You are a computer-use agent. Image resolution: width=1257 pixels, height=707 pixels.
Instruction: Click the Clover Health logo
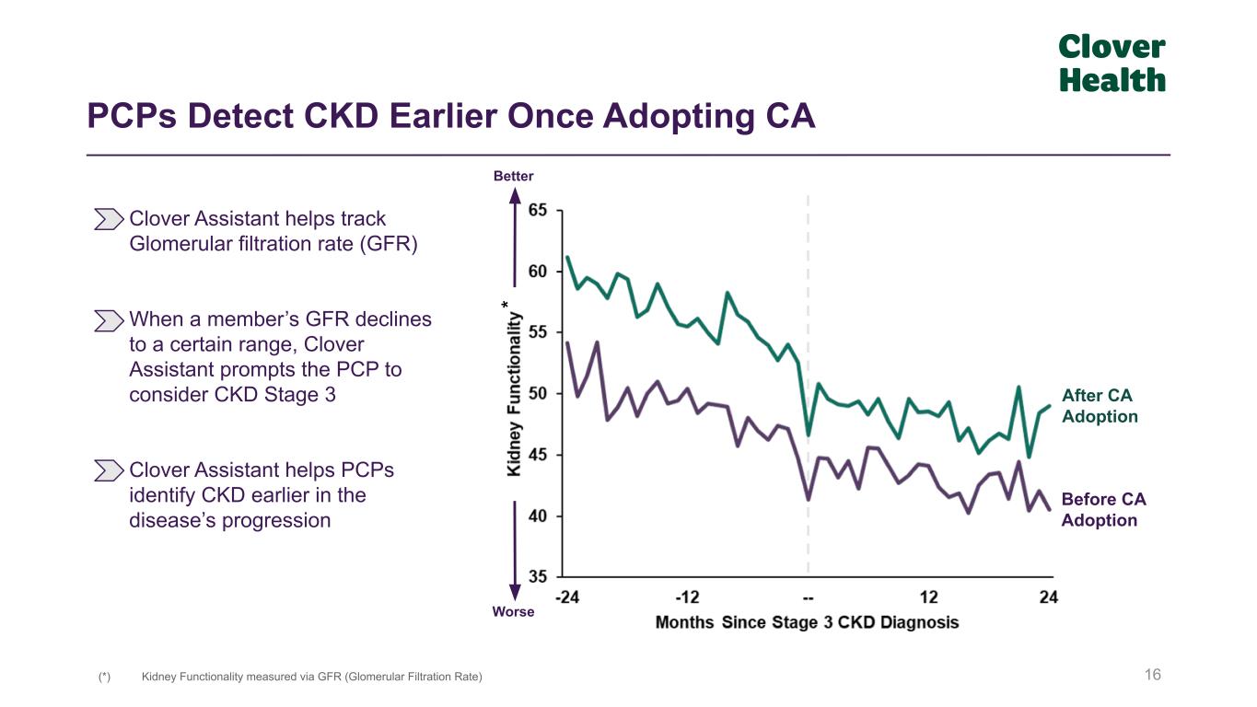click(1112, 64)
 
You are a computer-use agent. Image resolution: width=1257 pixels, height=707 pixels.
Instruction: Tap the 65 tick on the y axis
click(537, 211)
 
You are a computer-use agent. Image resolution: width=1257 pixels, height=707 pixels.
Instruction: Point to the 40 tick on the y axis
click(537, 516)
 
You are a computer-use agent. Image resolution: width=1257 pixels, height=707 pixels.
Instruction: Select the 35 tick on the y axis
click(537, 577)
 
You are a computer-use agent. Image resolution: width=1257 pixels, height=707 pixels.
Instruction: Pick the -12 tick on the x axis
click(687, 597)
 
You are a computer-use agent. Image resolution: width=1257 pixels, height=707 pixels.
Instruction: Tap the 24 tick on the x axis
click(1049, 597)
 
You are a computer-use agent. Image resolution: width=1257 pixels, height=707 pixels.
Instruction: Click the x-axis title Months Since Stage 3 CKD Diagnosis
click(807, 622)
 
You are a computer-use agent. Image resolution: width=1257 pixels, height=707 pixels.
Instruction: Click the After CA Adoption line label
click(1100, 406)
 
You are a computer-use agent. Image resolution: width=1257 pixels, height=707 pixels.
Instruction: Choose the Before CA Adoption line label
click(1103, 510)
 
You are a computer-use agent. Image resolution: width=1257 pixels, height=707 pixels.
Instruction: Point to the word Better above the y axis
click(514, 176)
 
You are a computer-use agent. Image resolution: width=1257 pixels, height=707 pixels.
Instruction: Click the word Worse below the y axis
click(514, 611)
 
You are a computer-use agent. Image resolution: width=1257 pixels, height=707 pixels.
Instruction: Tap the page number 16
click(1153, 676)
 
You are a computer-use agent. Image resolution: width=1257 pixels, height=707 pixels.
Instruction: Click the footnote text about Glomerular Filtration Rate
click(311, 677)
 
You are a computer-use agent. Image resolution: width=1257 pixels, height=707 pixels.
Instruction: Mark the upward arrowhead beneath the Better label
click(515, 195)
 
